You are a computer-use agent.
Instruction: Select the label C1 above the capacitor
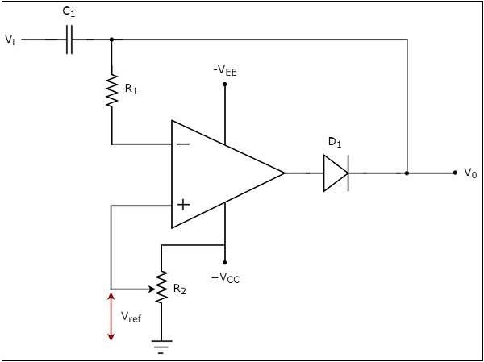(x=69, y=14)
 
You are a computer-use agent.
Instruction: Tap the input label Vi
(x=9, y=40)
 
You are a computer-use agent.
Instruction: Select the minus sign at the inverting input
(x=183, y=144)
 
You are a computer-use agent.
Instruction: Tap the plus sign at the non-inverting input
(x=183, y=205)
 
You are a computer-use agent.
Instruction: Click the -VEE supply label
(x=225, y=71)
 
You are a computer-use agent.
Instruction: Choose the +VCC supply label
(x=225, y=277)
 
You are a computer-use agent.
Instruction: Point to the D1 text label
(x=334, y=143)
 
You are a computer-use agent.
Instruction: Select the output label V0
(x=469, y=173)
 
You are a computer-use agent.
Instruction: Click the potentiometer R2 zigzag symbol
(x=161, y=288)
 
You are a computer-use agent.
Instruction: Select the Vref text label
(x=131, y=318)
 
